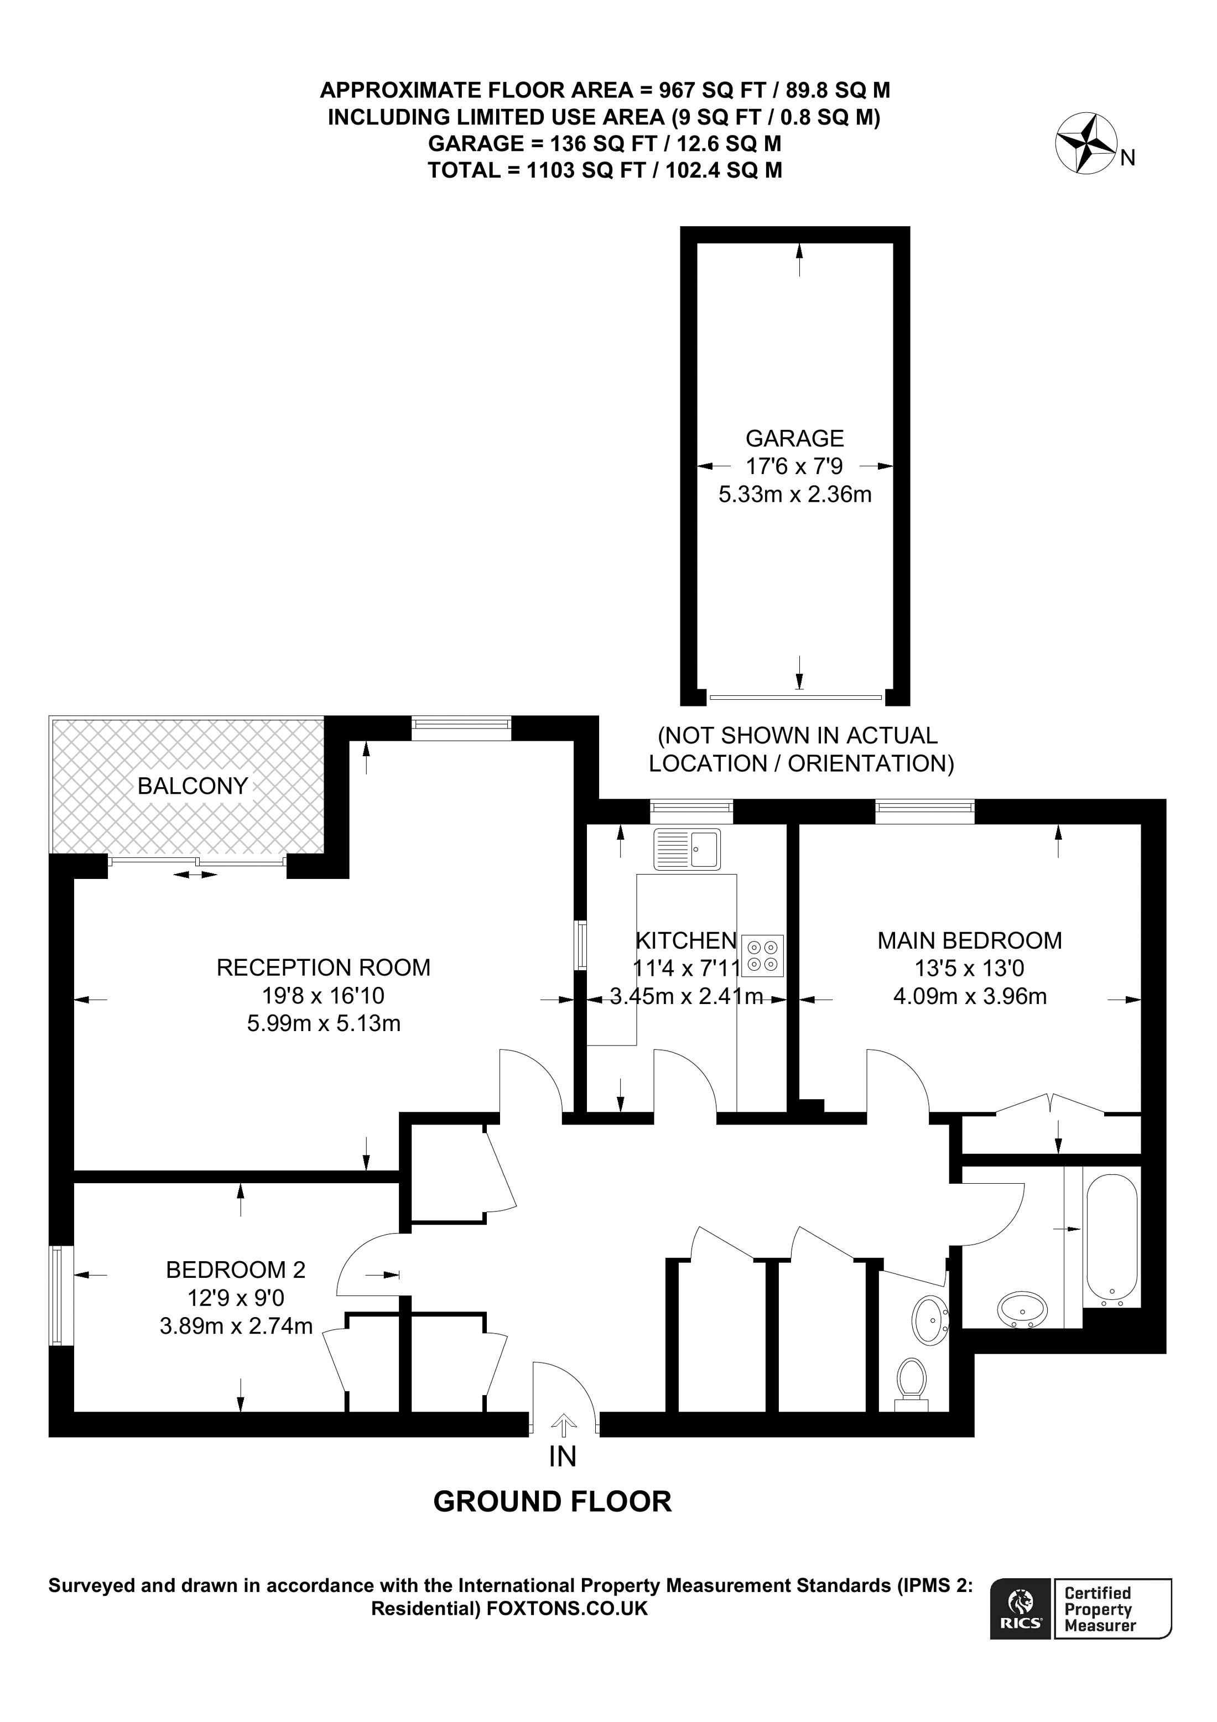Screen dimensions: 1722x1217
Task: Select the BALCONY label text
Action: pos(193,786)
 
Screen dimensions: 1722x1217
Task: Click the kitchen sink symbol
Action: pos(687,849)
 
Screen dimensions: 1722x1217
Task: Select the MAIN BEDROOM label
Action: pos(970,940)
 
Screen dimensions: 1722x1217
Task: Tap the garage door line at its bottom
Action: pos(795,698)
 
